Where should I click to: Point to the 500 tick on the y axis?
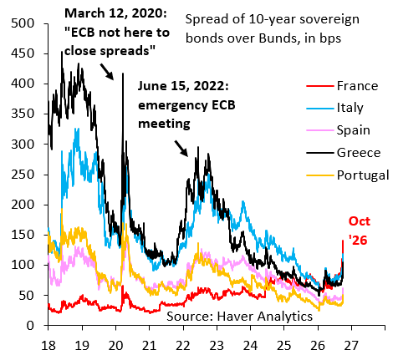click(x=23, y=23)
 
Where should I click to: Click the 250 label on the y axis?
click(x=23, y=175)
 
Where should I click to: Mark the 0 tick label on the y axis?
click(x=30, y=326)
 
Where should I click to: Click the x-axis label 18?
click(x=48, y=346)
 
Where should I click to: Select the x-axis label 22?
click(x=183, y=346)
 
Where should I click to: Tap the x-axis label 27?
click(x=351, y=346)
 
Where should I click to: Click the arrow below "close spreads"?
click(x=107, y=72)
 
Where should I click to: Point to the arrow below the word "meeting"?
click(x=181, y=149)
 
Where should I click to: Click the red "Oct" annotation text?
click(x=360, y=221)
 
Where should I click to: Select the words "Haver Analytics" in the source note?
click(x=265, y=317)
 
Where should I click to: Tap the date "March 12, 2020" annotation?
click(x=115, y=13)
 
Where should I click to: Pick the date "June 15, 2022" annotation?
click(x=183, y=86)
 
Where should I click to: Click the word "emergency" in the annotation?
click(x=173, y=105)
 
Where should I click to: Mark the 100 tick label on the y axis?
click(x=23, y=265)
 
